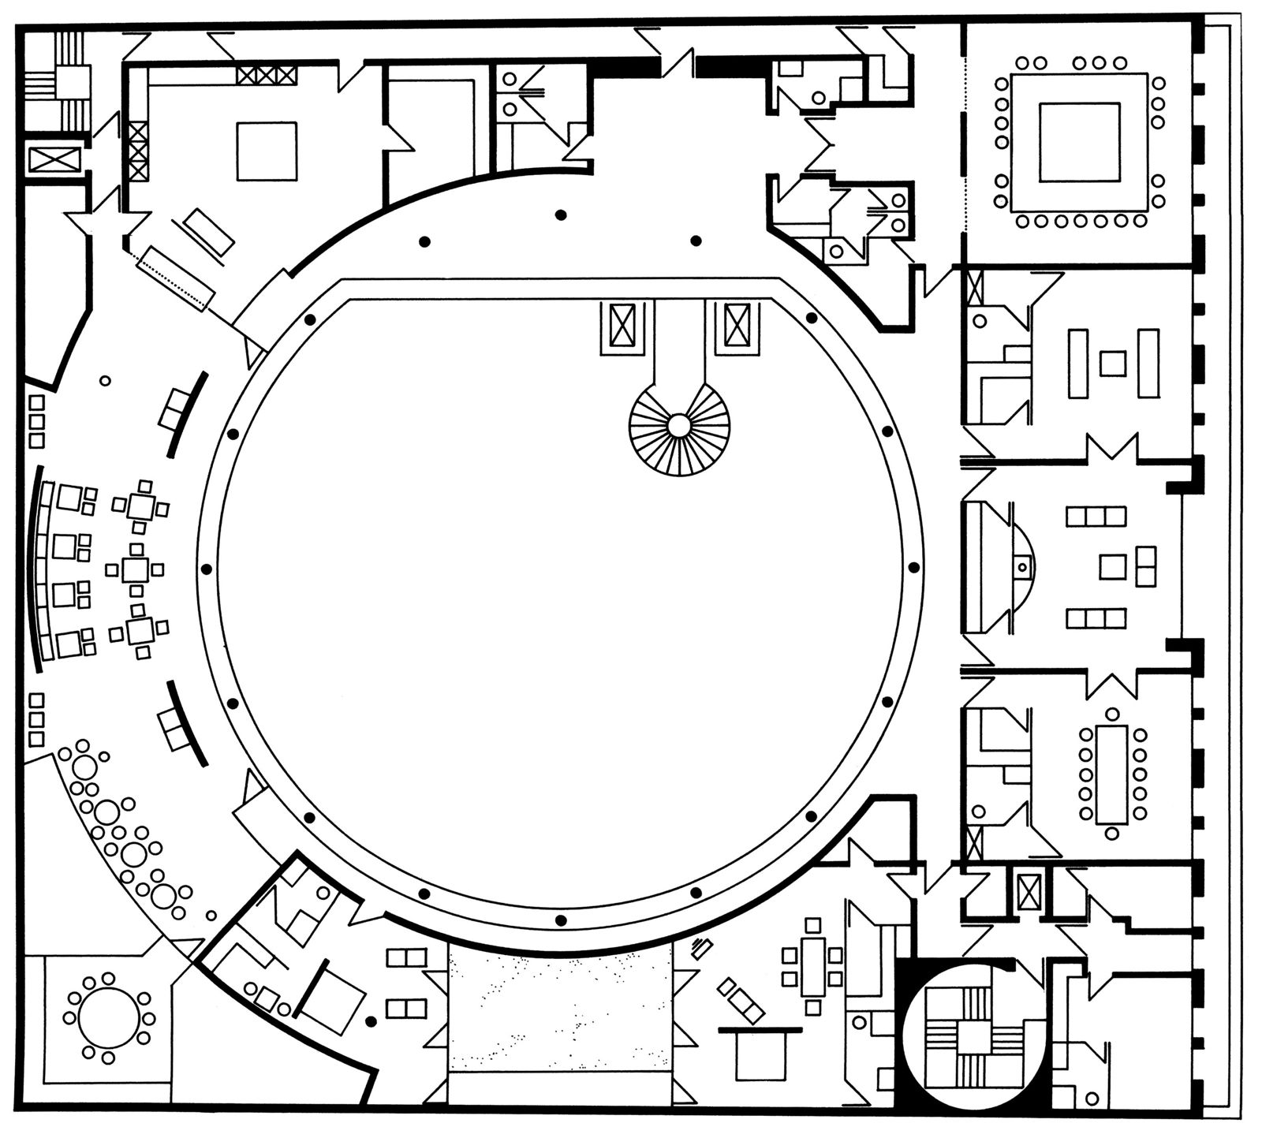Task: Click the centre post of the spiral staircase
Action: [678, 425]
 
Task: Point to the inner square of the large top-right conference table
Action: [1079, 142]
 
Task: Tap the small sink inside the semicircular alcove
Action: [1021, 566]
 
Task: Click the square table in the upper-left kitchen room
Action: [267, 151]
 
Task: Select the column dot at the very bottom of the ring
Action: [560, 920]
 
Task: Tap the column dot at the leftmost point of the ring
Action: [207, 568]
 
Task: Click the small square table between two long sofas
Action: [1112, 364]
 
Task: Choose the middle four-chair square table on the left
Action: [136, 569]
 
